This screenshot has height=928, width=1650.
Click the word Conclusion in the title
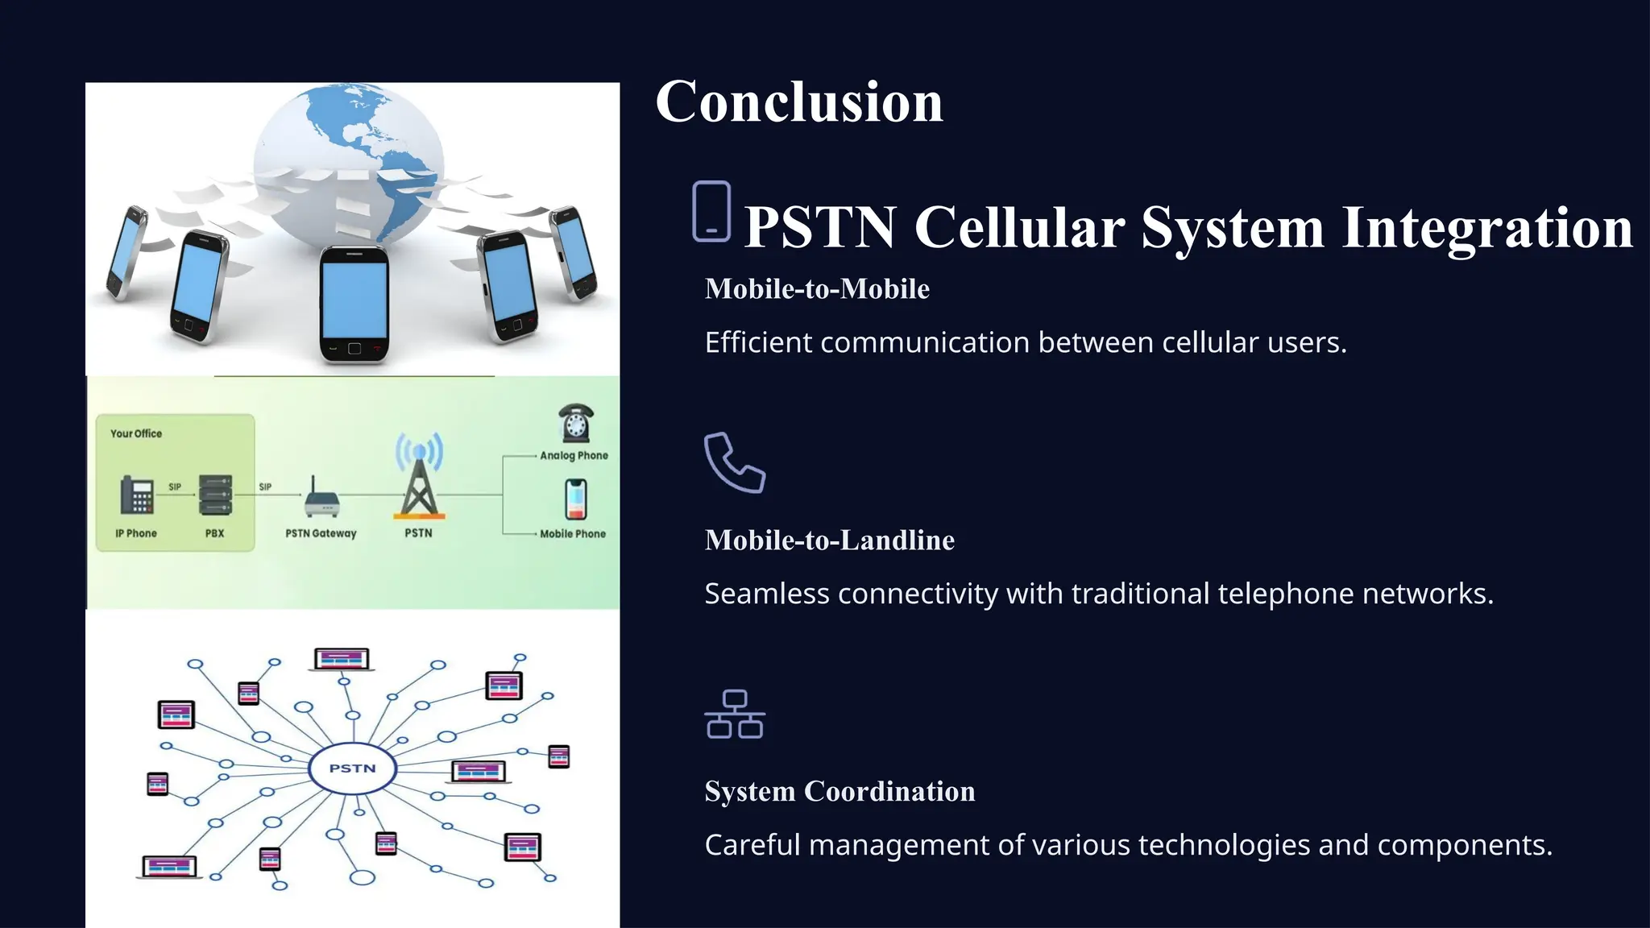pyautogui.click(x=798, y=102)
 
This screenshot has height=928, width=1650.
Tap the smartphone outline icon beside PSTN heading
pyautogui.click(x=711, y=212)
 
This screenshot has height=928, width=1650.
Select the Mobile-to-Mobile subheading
pyautogui.click(x=817, y=289)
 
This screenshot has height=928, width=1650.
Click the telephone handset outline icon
pyautogui.click(x=734, y=462)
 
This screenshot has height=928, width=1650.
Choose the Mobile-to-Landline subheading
pyautogui.click(x=829, y=541)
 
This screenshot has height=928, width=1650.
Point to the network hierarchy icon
pyautogui.click(x=734, y=715)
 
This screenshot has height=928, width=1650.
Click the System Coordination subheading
pyautogui.click(x=840, y=792)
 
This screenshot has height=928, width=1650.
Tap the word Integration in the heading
pyautogui.click(x=1486, y=228)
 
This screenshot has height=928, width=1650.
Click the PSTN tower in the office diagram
pyautogui.click(x=419, y=479)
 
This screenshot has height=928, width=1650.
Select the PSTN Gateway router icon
pyautogui.click(x=321, y=499)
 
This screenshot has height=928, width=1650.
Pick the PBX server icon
pyautogui.click(x=215, y=495)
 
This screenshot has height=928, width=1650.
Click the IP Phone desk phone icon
pyautogui.click(x=137, y=495)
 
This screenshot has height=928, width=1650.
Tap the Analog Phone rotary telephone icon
pyautogui.click(x=575, y=424)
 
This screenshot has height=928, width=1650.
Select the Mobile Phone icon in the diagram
pyautogui.click(x=575, y=499)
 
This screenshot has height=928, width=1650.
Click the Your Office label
pyautogui.click(x=136, y=433)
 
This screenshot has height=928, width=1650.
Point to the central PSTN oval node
pyautogui.click(x=353, y=768)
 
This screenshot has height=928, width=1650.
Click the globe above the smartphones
pyautogui.click(x=349, y=161)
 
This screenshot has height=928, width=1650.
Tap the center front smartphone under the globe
pyautogui.click(x=354, y=304)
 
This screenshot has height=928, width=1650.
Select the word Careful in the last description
pyautogui.click(x=752, y=846)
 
